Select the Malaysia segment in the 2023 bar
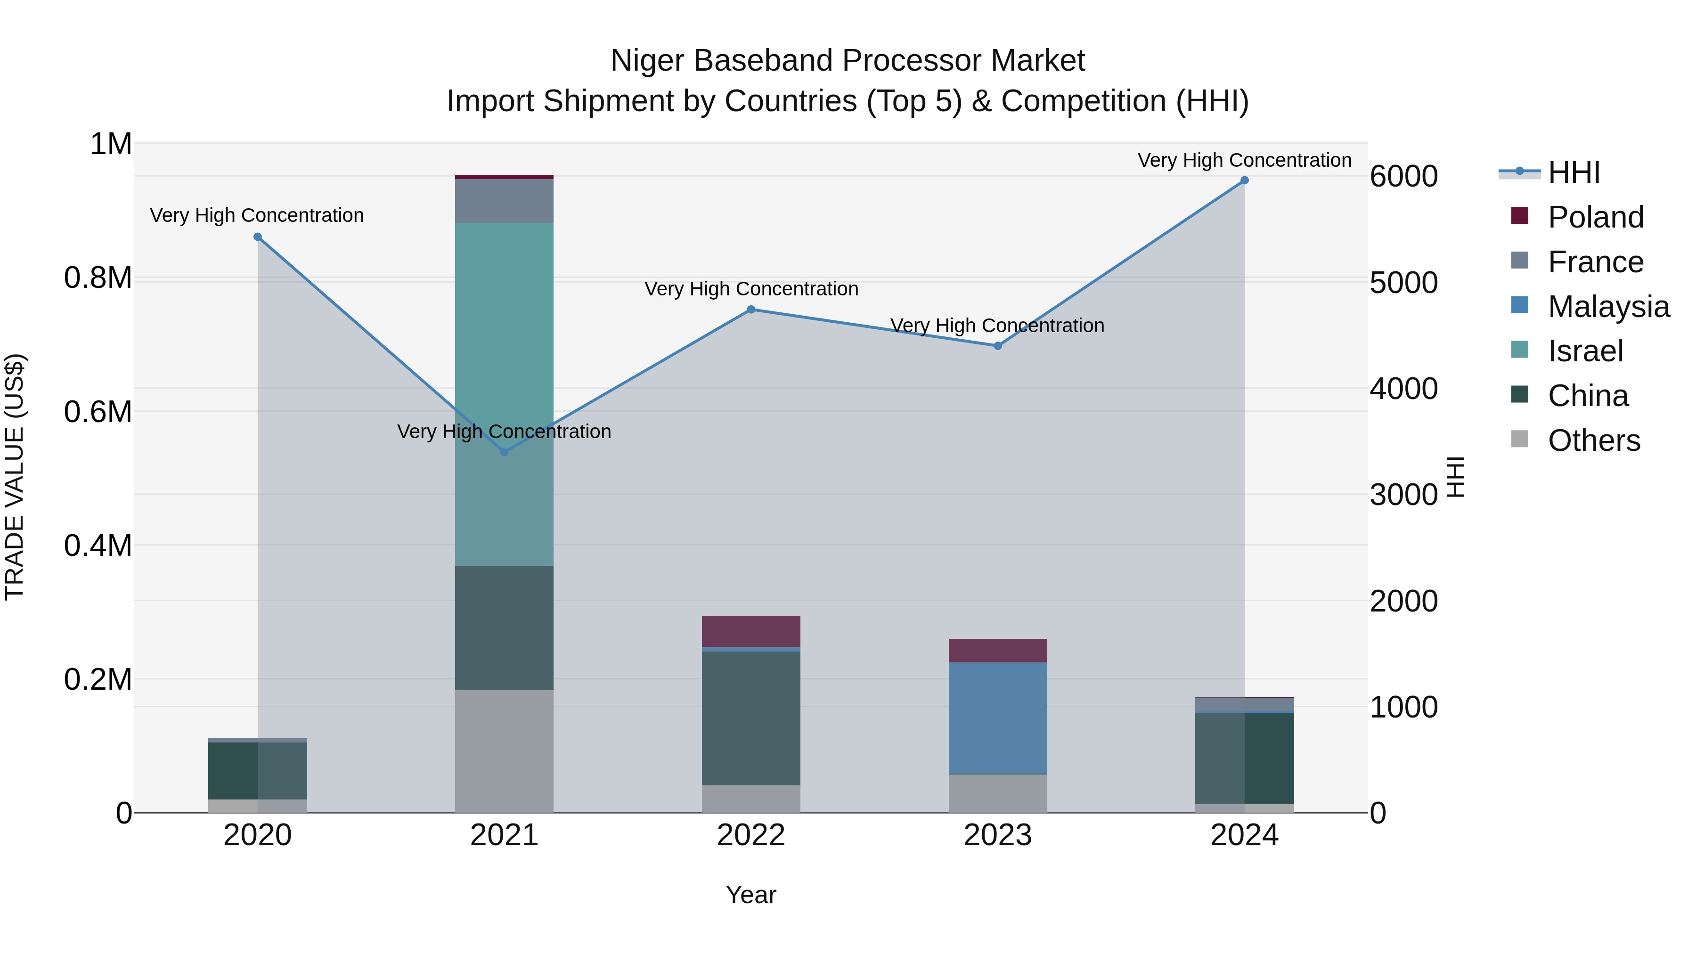(997, 718)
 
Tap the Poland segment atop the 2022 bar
(750, 631)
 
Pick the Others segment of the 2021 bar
(504, 750)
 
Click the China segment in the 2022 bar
(750, 718)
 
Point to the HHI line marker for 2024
(1244, 180)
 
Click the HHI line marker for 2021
(504, 452)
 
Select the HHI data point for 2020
(257, 237)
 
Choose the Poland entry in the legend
(1595, 217)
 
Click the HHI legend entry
(1574, 172)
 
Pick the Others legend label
(1594, 440)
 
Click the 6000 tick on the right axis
(1404, 177)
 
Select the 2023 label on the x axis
(997, 835)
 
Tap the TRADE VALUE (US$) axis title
(15, 477)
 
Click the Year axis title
(750, 895)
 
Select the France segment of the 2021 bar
(504, 201)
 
